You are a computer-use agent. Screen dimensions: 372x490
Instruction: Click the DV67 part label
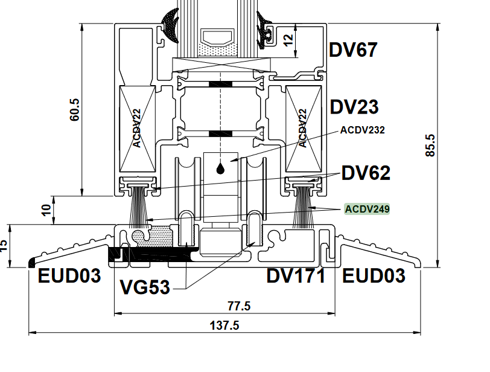[353, 50]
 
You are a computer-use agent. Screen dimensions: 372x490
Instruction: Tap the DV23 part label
[354, 107]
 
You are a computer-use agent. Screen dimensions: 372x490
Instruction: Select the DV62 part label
[366, 173]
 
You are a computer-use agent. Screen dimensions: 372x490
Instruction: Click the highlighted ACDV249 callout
[367, 210]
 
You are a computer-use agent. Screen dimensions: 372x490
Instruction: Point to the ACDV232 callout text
[362, 129]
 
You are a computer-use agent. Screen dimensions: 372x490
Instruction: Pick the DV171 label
[296, 276]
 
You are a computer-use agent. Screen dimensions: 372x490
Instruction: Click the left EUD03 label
[69, 276]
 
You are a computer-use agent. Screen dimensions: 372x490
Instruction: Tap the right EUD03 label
[374, 276]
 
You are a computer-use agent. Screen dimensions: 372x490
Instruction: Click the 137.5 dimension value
[224, 325]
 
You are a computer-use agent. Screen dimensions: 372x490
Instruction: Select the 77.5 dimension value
[239, 306]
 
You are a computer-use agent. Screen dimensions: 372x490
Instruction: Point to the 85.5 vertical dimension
[430, 146]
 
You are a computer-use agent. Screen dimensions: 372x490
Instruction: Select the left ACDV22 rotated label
[137, 128]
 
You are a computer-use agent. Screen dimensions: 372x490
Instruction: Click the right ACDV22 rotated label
[303, 128]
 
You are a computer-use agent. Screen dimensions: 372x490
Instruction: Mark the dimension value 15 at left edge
[4, 244]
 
